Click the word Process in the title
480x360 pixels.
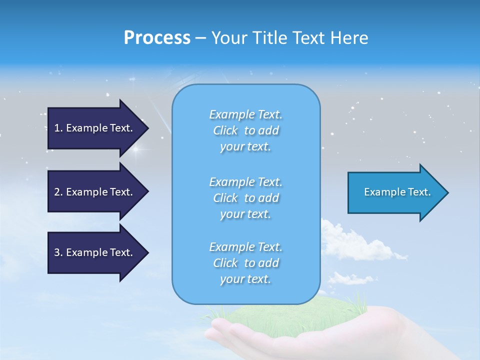tap(157, 38)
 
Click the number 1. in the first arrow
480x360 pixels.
tap(58, 128)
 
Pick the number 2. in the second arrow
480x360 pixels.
tap(58, 192)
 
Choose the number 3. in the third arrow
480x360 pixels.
tap(58, 252)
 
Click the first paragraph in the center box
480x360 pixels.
tap(245, 130)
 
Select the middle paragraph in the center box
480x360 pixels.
tap(245, 198)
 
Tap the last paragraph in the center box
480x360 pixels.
tap(245, 263)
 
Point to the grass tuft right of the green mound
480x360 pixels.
tap(362, 303)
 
